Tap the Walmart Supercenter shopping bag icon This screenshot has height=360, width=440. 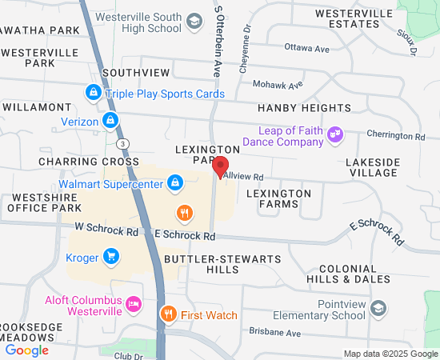[x=175, y=184]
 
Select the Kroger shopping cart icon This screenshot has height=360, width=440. [x=111, y=257]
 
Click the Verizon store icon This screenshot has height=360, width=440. [x=110, y=122]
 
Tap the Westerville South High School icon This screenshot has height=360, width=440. [x=194, y=22]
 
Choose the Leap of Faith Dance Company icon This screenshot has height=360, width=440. [x=336, y=135]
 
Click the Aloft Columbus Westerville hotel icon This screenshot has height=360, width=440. [x=134, y=304]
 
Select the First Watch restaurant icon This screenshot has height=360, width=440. [x=168, y=314]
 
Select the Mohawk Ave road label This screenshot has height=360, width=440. [x=278, y=84]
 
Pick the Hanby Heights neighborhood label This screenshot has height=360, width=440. [x=304, y=108]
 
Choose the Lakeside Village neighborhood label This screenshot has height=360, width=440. [x=372, y=166]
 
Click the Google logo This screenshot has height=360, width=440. [x=27, y=350]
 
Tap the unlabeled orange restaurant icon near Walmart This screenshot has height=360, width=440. [x=185, y=212]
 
